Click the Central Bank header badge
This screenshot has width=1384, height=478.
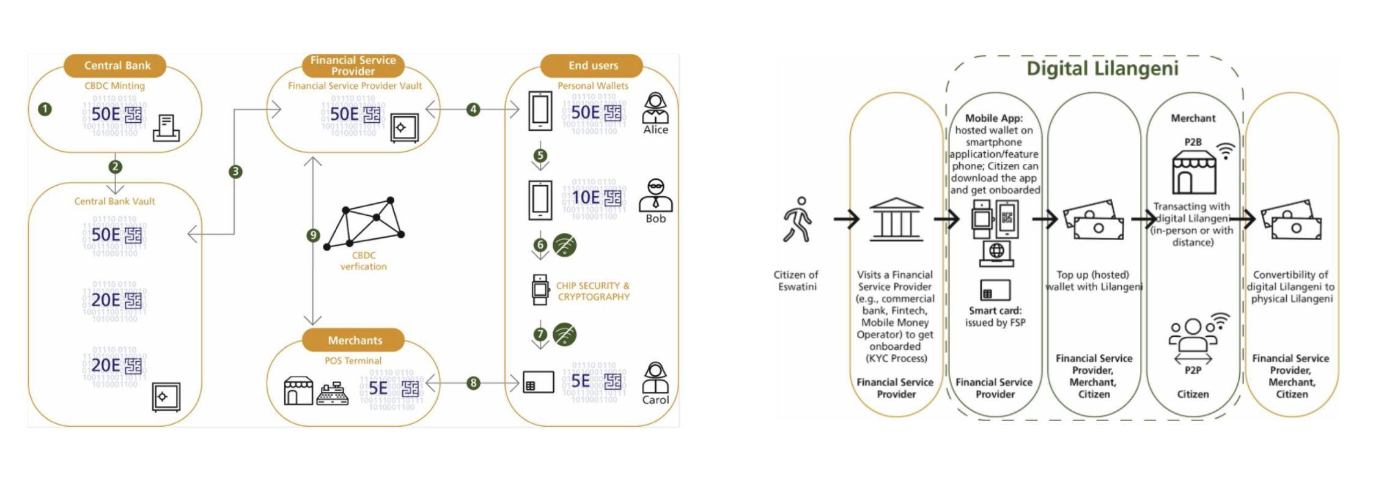116,65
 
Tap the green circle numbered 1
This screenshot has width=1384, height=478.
45,109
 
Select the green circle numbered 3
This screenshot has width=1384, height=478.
235,172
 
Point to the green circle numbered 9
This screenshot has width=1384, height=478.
313,235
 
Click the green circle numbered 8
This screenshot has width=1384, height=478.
473,383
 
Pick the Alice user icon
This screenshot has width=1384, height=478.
655,108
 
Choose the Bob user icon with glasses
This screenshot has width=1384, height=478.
655,195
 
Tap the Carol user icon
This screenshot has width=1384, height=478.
655,378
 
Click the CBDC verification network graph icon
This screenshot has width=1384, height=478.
365,223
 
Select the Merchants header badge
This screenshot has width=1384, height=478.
354,340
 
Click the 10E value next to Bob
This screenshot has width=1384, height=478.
585,197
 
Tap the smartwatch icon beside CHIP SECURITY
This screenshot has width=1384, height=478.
540,290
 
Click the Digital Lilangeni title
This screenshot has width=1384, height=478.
1102,68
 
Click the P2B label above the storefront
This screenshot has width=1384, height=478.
1193,142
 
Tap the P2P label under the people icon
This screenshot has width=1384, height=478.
1193,370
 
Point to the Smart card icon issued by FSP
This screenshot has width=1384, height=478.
995,290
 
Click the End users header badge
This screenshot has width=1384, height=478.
592,65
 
